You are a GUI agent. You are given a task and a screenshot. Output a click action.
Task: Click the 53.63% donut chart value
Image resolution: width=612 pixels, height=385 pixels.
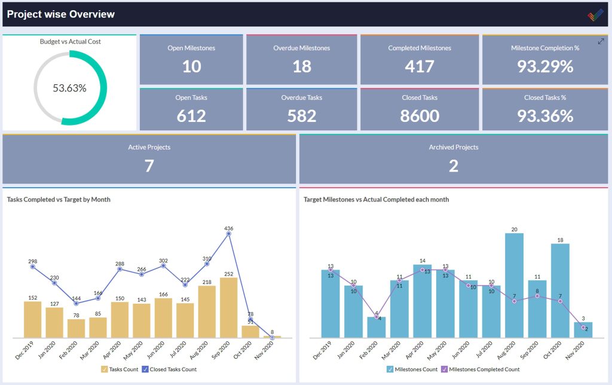[x=69, y=88]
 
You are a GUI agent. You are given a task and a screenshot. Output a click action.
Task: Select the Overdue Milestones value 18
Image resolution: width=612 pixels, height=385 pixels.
[x=302, y=66]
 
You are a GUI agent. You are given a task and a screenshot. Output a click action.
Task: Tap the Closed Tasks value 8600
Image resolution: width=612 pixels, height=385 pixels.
[x=420, y=116]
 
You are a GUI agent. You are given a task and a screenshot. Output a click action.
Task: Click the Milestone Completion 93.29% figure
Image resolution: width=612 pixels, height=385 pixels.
[x=544, y=66]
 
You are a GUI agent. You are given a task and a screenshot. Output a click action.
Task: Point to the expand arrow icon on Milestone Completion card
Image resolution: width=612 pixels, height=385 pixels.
[x=601, y=41]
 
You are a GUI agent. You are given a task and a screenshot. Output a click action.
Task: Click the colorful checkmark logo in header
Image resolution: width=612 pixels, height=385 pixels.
[x=595, y=15]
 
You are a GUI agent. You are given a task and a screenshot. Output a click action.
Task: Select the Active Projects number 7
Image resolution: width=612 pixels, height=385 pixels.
[x=149, y=166]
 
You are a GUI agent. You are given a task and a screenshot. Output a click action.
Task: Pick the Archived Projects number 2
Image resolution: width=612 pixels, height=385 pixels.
[x=453, y=166]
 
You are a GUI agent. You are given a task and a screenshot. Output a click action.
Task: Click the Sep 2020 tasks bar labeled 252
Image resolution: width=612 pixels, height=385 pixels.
[x=229, y=308]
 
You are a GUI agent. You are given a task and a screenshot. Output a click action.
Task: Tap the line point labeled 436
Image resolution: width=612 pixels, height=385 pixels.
[x=229, y=234]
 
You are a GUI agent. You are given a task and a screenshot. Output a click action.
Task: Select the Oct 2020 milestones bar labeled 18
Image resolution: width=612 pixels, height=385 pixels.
[x=560, y=291]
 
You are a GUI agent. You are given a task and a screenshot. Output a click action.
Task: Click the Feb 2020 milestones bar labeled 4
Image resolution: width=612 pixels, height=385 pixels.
[x=377, y=328]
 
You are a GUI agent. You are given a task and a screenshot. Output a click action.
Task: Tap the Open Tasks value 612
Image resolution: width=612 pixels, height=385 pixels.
[x=191, y=116]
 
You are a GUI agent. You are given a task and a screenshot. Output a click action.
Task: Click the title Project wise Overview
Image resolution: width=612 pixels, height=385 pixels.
[x=61, y=14]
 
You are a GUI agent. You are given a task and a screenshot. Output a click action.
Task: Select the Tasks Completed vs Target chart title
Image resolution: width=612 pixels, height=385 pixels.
[x=59, y=200]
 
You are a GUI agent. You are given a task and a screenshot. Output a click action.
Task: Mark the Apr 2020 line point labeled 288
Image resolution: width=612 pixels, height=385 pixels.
[x=120, y=269]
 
